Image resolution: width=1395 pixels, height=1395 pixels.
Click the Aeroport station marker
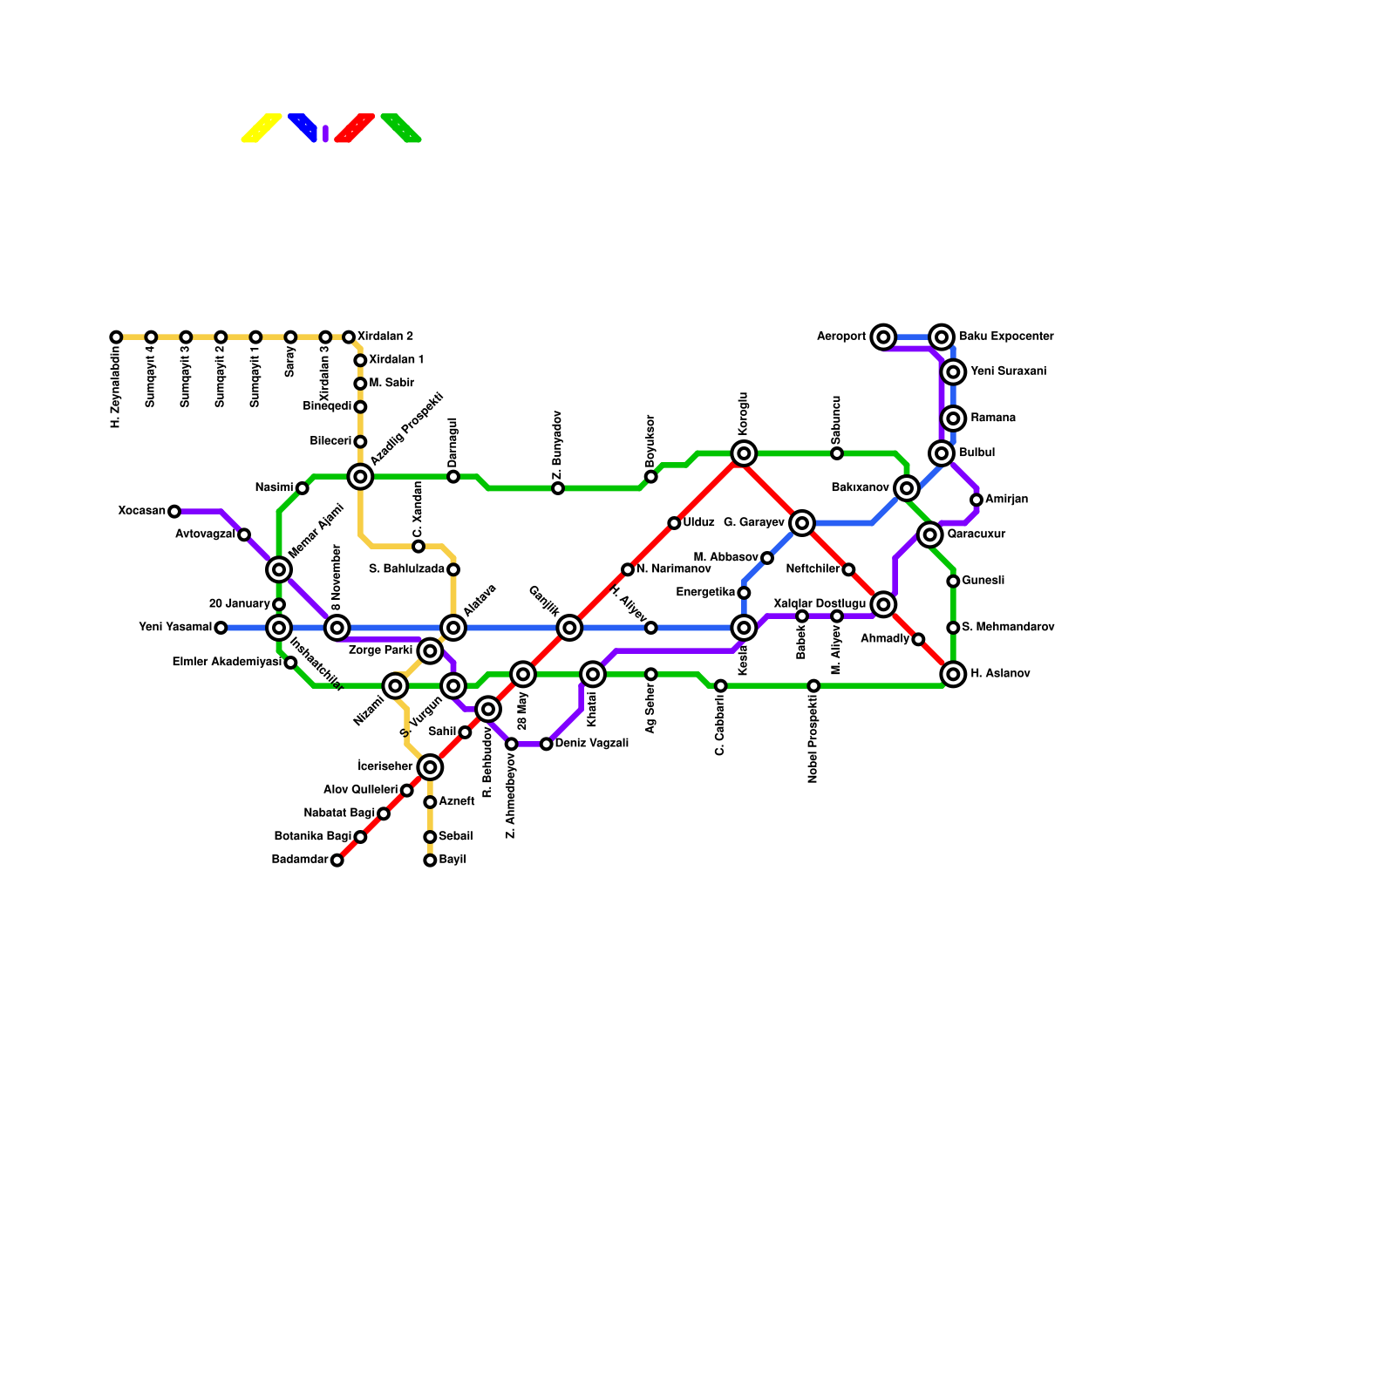pyautogui.click(x=883, y=337)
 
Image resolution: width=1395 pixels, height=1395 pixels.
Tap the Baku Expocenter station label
pyautogui.click(x=1006, y=337)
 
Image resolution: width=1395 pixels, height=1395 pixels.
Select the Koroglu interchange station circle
pyautogui.click(x=744, y=453)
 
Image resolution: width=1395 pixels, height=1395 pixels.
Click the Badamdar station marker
pyautogui.click(x=337, y=861)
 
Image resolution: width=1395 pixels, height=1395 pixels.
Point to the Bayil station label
pyautogui.click(x=453, y=860)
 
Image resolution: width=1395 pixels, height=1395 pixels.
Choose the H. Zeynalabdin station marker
pyautogui.click(x=116, y=337)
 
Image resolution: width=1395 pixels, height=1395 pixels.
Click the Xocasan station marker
pyautogui.click(x=174, y=511)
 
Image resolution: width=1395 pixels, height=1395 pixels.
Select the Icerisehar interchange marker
pyautogui.click(x=430, y=767)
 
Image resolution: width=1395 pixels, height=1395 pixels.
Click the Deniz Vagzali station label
pyautogui.click(x=591, y=744)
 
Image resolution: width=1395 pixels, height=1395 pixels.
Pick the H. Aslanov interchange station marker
pyautogui.click(x=954, y=674)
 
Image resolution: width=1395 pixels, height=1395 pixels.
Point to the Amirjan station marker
pyautogui.click(x=976, y=500)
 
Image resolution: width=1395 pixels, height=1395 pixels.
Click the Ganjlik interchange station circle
pyautogui.click(x=569, y=628)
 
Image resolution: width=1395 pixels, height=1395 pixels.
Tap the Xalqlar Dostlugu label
pyautogui.click(x=820, y=603)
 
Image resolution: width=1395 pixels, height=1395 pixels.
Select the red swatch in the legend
pyautogui.click(x=355, y=127)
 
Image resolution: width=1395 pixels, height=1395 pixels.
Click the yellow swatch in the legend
pyautogui.click(x=262, y=127)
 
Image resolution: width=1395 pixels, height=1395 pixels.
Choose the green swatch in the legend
pyautogui.click(x=401, y=127)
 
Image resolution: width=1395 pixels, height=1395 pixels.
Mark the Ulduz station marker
pyautogui.click(x=674, y=523)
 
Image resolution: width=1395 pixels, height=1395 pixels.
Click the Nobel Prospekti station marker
pyautogui.click(x=813, y=686)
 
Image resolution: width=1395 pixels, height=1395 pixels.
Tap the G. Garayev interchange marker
pyautogui.click(x=802, y=523)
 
